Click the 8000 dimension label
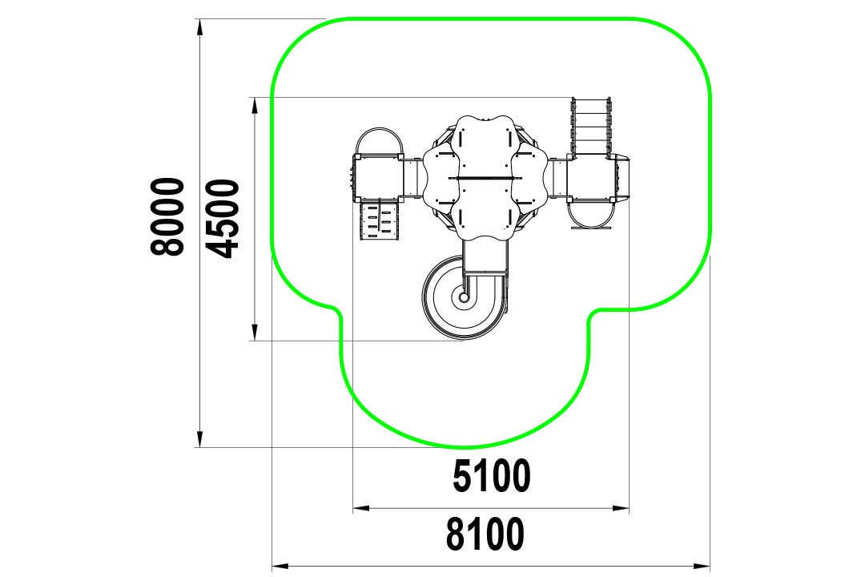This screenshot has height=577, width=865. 167,216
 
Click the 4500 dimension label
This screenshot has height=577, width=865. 224,219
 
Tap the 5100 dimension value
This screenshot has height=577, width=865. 492,477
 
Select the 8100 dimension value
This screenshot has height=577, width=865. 485,534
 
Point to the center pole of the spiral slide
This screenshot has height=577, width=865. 462,297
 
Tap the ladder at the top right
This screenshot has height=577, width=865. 592,127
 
